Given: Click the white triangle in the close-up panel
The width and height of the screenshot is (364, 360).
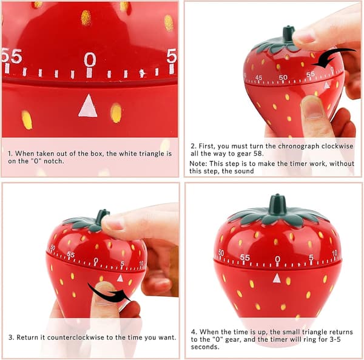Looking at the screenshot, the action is click(88, 106).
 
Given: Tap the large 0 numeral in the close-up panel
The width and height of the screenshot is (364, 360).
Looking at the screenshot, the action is click(90, 59).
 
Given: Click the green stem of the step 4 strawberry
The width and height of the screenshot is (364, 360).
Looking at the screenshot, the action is click(277, 205).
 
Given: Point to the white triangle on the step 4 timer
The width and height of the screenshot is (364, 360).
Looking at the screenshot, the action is click(277, 278).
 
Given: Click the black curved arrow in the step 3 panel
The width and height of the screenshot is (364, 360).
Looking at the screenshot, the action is click(109, 293).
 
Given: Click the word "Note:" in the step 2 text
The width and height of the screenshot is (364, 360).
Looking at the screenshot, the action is click(198, 163).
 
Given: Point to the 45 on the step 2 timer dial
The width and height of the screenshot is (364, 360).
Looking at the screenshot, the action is click(258, 77).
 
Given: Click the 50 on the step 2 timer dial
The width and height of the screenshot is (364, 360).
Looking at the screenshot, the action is click(283, 77).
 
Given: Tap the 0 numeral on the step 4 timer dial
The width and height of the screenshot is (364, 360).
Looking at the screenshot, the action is click(277, 259).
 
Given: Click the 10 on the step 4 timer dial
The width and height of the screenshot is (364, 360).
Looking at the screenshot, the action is click(334, 253).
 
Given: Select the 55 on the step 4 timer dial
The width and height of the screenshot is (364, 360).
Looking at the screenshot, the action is click(245, 257).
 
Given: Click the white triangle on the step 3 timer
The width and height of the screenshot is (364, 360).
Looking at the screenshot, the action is click(120, 278).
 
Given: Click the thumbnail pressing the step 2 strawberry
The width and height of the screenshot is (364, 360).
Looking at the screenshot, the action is click(313, 108).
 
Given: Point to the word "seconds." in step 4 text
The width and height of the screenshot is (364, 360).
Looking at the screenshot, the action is click(205, 347).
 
